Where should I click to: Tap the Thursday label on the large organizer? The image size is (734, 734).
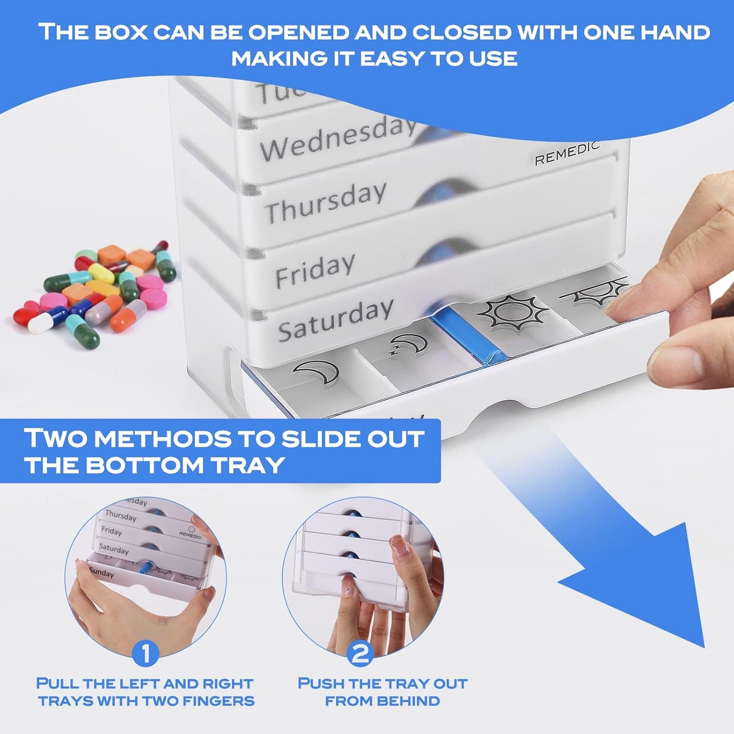point(326,202)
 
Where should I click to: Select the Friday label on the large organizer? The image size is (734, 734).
point(314,270)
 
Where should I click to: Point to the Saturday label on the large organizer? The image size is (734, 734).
point(335,320)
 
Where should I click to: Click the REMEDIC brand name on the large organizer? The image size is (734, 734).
point(567,153)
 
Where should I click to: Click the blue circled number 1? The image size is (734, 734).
point(146,654)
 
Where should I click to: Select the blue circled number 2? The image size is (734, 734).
point(360,654)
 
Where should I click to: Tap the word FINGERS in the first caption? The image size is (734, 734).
point(218,701)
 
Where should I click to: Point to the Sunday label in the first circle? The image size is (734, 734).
point(102,572)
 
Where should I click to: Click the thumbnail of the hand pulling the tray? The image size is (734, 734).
point(146,574)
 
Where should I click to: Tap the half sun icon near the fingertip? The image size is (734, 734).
point(594,292)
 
